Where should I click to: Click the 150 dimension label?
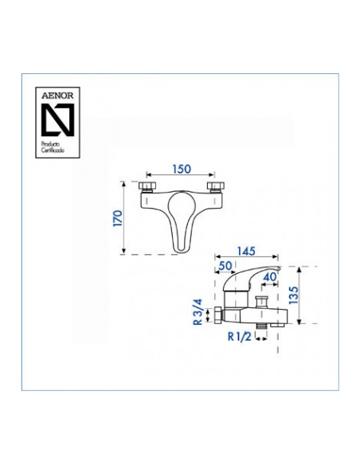coord(182,169)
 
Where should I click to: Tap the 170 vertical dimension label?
coord(118,218)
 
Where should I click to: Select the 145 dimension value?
coord(246,251)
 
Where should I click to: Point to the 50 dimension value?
coord(225,266)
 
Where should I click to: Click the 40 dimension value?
coord(270,276)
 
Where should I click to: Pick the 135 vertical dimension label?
coord(294,295)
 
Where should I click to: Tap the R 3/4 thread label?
coord(198,312)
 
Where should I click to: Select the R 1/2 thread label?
coord(240,337)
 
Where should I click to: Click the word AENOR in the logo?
coord(57,96)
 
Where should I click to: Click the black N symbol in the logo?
coord(57,119)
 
